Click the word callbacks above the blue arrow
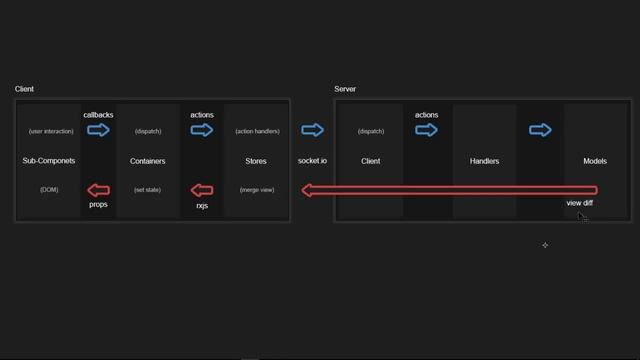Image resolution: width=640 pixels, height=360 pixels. [x=98, y=115]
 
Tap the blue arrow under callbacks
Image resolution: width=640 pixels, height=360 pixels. [x=98, y=130]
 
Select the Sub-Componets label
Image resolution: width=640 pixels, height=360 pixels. [x=49, y=161]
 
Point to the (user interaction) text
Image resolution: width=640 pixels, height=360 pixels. [x=51, y=131]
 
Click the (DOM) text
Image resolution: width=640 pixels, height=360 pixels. [x=49, y=189]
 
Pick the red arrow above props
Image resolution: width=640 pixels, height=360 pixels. [x=98, y=190]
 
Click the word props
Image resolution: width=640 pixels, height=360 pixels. [x=98, y=204]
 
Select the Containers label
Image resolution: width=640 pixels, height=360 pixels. [x=148, y=161]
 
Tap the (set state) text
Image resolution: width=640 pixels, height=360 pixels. [x=148, y=189]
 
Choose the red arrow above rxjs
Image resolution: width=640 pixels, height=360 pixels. [x=202, y=190]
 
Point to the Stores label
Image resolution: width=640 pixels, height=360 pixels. [x=256, y=161]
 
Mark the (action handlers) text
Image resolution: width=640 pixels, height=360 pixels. [x=257, y=131]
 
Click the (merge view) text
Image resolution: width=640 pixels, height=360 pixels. [x=257, y=189]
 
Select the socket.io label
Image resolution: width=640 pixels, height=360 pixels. [x=312, y=161]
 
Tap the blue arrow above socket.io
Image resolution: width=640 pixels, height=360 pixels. [x=312, y=130]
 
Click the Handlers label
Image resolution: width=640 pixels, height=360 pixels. [x=484, y=161]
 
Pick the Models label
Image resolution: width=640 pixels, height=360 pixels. [x=595, y=161]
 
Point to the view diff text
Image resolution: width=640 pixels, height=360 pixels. [x=579, y=203]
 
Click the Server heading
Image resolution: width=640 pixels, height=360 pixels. [x=344, y=89]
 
